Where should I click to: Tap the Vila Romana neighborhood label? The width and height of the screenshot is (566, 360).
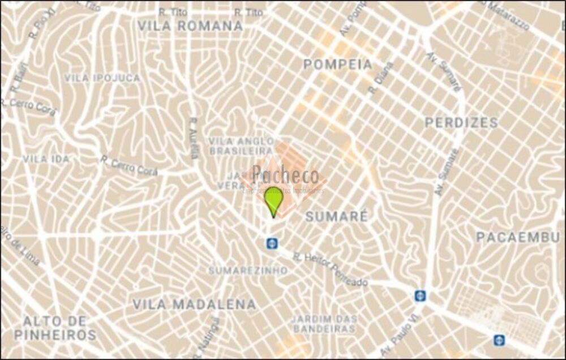coord(190,25)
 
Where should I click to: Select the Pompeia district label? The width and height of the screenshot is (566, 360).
coord(337,65)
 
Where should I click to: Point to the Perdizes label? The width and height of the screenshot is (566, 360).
coord(461,123)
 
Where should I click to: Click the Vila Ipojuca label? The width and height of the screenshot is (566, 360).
coord(102,78)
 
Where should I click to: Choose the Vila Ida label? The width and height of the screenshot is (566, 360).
coord(46,159)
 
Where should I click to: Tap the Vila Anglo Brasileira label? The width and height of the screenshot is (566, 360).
coord(241,145)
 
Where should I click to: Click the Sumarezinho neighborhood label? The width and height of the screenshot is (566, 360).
coord(248,271)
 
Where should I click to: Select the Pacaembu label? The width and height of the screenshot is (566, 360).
coord(517,237)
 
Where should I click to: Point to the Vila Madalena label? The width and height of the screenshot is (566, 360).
coord(194,304)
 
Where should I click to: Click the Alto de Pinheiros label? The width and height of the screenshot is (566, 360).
coord(55,328)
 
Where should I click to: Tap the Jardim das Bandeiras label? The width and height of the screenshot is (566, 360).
coord(324,323)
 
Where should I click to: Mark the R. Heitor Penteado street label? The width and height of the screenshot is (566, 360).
coord(330,269)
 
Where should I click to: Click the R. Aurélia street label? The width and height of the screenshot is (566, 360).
coord(194,138)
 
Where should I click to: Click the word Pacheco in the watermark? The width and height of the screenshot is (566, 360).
coord(285,175)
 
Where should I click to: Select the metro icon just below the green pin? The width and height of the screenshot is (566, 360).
coord(272,243)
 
